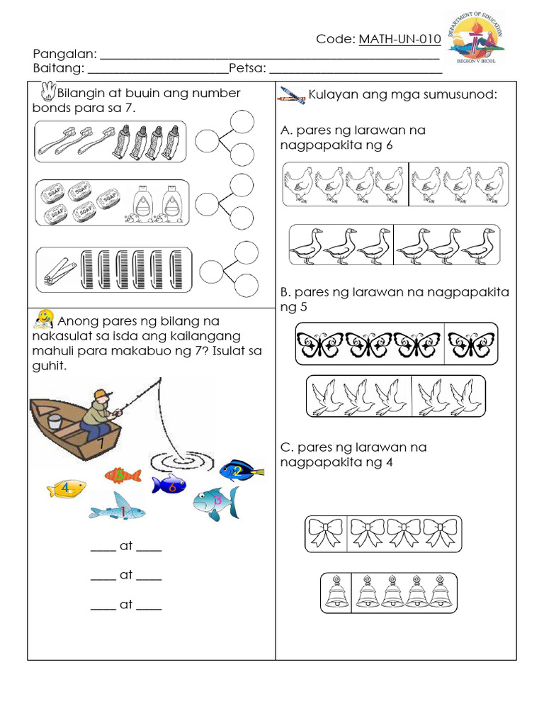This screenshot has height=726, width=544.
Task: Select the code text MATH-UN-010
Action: pos(399,39)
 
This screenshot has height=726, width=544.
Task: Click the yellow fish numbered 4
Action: pos(67,488)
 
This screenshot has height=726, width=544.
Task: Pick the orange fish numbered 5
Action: pos(123,475)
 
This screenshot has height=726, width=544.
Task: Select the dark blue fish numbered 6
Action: pos(169,485)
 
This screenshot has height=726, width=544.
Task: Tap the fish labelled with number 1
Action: pos(118,510)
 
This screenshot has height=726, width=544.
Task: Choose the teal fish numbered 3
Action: pos(215,502)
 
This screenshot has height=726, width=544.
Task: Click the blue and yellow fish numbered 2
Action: pos(240,469)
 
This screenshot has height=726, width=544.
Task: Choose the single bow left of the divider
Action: pos(325,534)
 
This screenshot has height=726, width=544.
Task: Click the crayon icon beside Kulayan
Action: pos(292,96)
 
